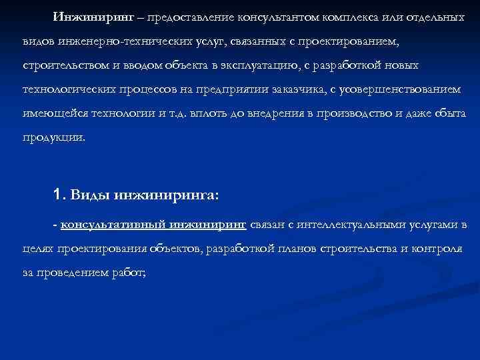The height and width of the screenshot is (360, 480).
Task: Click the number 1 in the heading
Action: (x=57, y=196)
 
